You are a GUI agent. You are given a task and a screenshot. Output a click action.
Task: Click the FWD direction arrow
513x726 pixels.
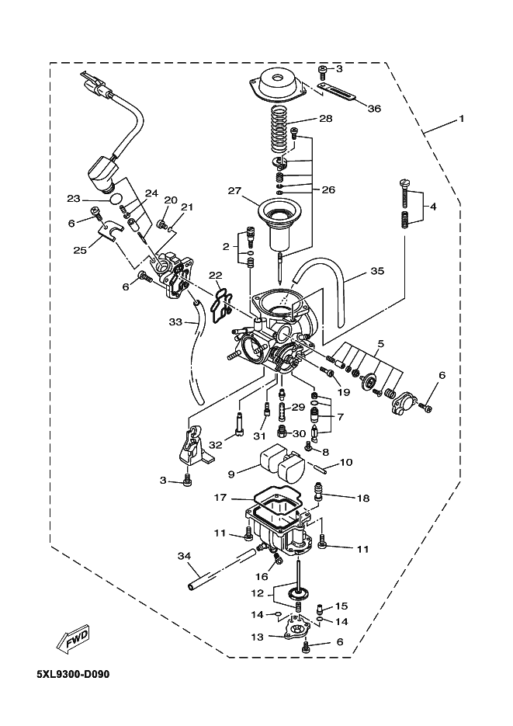(71, 641)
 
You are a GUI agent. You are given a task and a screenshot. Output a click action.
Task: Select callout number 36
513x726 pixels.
(374, 109)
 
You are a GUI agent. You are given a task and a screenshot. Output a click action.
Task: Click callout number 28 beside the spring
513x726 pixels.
(326, 119)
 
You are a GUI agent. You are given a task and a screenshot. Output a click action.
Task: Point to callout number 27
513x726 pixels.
(234, 190)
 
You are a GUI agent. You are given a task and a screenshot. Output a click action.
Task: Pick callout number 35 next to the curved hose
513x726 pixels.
(377, 270)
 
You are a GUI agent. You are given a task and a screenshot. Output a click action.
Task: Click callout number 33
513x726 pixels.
(175, 321)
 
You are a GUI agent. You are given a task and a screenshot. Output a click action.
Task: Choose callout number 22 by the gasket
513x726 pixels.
(215, 276)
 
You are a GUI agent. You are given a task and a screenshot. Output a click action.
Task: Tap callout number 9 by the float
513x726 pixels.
(231, 474)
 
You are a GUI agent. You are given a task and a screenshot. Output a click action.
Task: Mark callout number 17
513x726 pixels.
(220, 497)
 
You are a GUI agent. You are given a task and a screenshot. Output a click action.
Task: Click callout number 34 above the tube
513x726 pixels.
(184, 555)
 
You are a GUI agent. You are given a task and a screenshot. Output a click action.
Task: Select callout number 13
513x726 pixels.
(257, 637)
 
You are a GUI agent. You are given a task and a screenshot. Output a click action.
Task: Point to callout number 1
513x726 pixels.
(461, 119)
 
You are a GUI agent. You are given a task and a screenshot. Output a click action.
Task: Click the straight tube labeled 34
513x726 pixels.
(223, 568)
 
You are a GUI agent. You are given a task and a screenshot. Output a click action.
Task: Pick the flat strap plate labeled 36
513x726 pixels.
(337, 92)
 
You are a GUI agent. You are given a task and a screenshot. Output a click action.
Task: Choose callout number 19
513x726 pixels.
(344, 391)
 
